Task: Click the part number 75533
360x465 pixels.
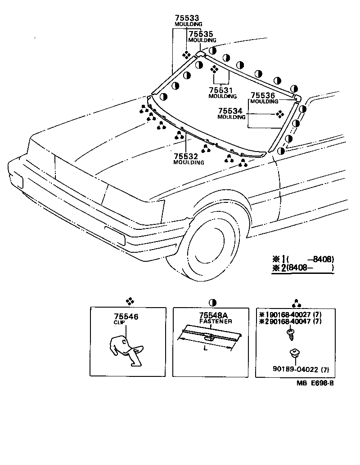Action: pos(187,18)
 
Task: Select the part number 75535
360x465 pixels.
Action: pos(200,34)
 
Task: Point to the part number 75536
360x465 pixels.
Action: pos(263,95)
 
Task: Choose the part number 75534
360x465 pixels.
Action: pos(230,111)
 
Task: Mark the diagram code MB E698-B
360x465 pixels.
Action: pos(315,383)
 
